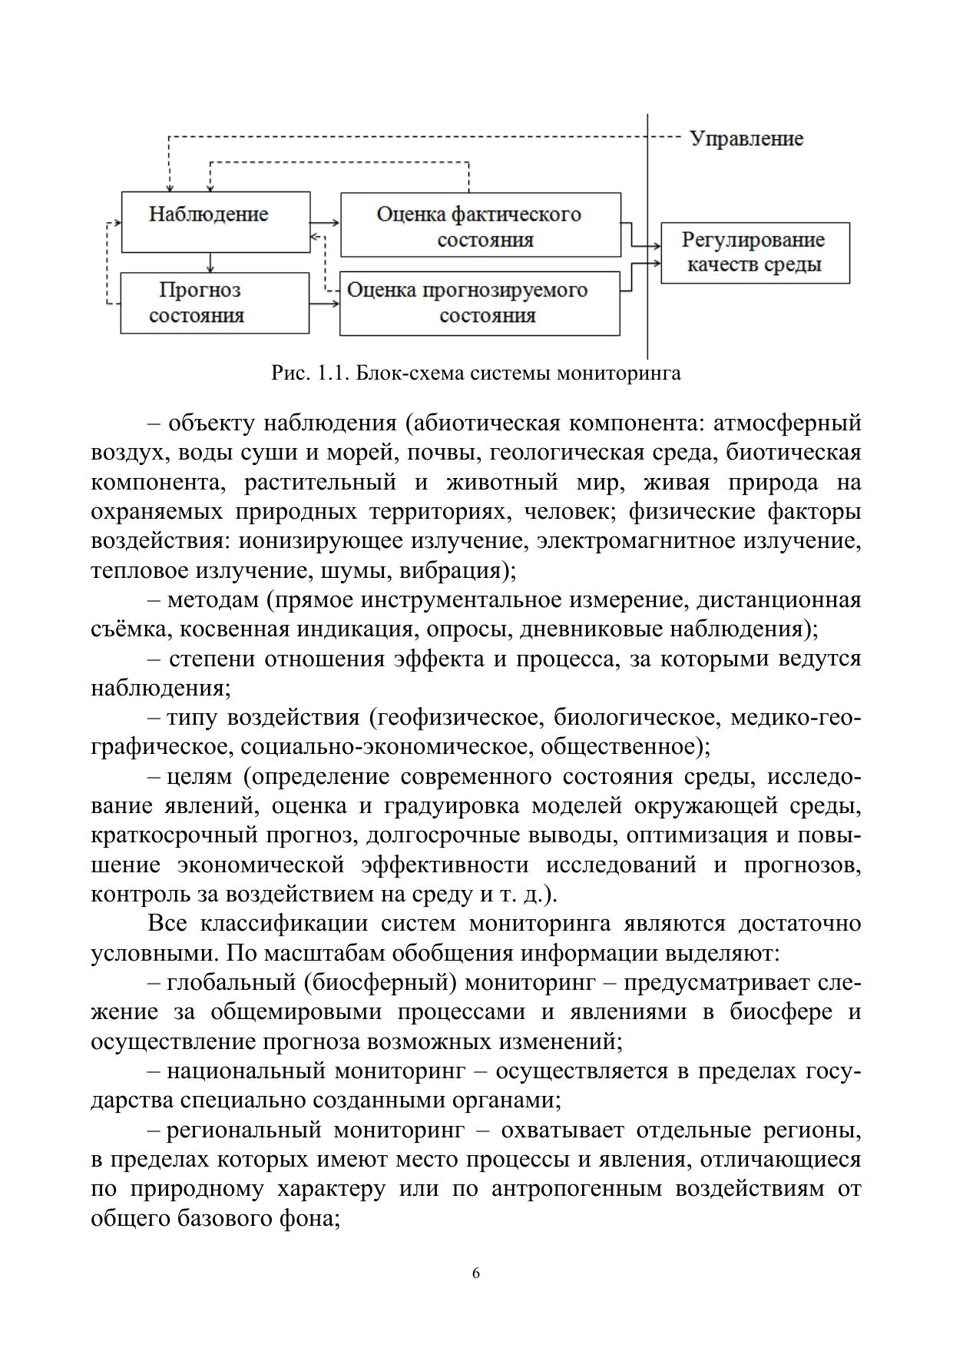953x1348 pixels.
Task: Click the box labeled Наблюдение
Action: pos(216,221)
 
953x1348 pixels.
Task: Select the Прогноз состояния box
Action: pos(214,303)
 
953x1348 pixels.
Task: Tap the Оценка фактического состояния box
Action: pos(480,224)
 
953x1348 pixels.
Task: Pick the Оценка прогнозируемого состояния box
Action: pos(479,303)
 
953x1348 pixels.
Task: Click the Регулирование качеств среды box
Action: pos(755,253)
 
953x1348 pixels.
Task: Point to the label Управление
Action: pos(746,139)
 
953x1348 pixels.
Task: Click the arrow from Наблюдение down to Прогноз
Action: pos(210,262)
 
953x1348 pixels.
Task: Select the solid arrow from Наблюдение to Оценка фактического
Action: pos(325,222)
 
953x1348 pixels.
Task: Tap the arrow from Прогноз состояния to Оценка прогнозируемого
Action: pos(324,304)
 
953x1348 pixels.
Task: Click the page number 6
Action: pos(476,1273)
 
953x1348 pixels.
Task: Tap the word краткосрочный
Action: pos(174,835)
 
